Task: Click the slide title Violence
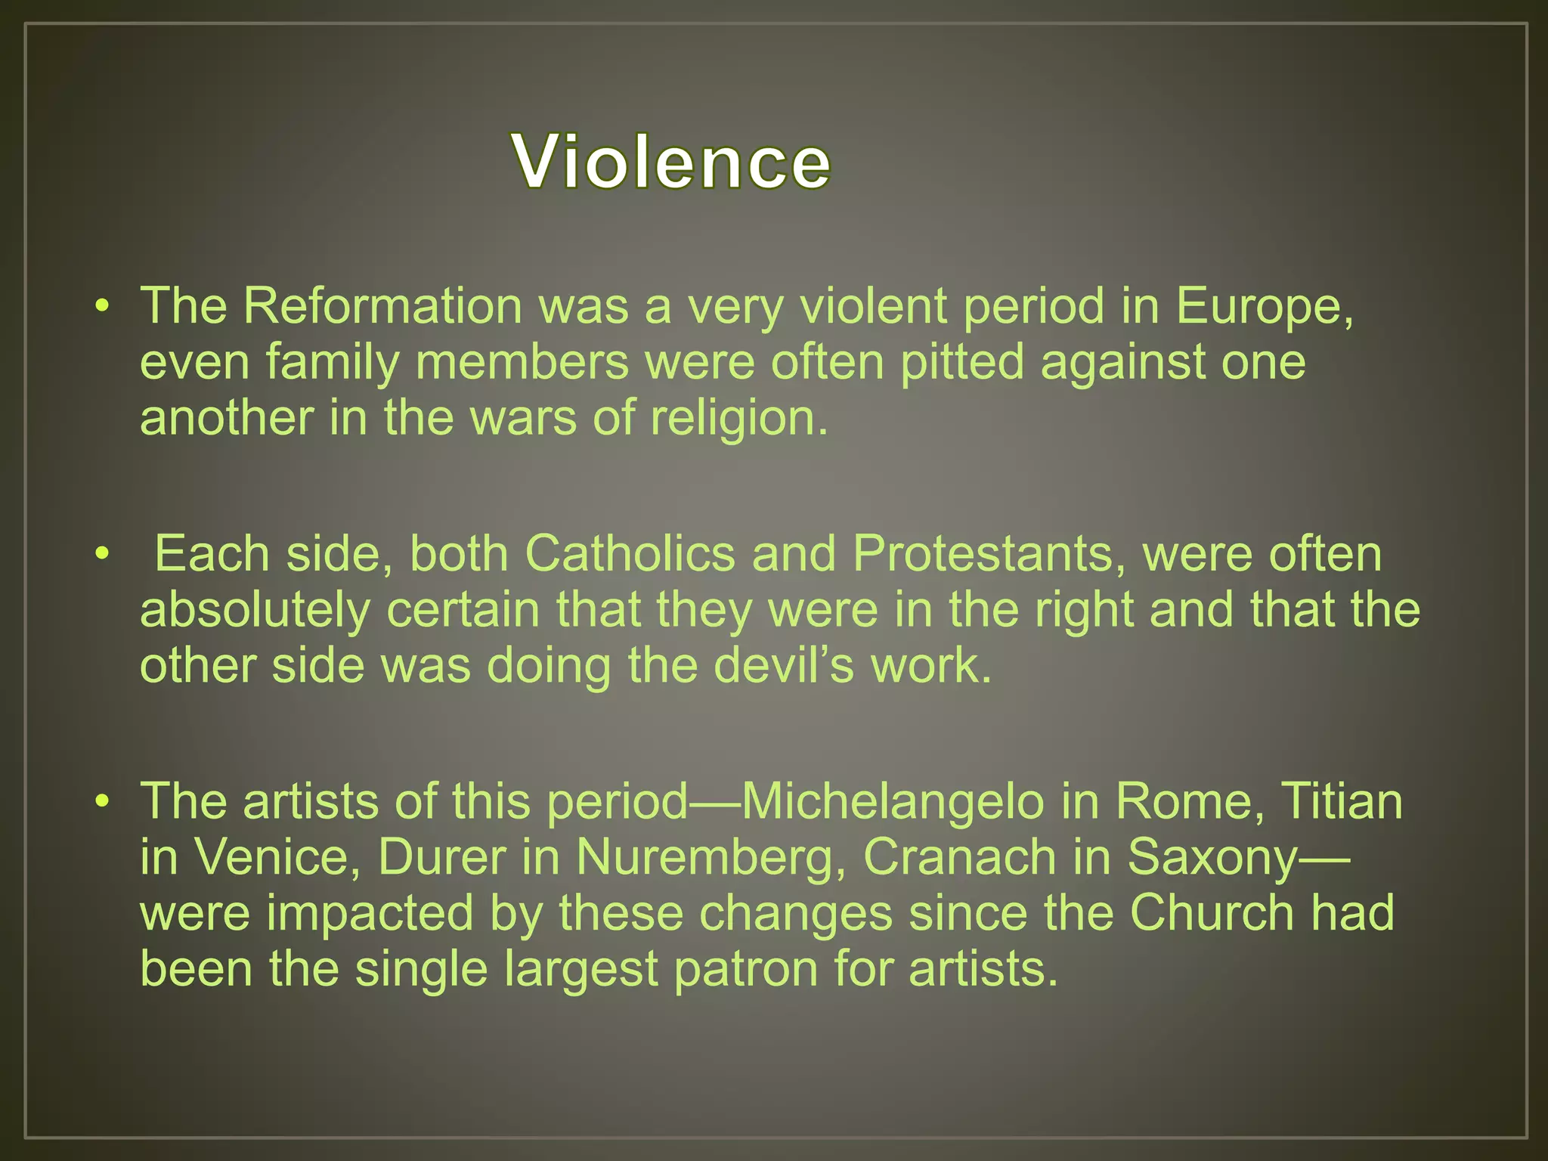click(x=671, y=161)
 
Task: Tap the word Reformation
click(x=382, y=306)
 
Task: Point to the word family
click(x=332, y=362)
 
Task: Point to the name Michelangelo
click(x=892, y=801)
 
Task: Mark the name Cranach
click(x=959, y=857)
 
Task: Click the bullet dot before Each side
click(x=103, y=553)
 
